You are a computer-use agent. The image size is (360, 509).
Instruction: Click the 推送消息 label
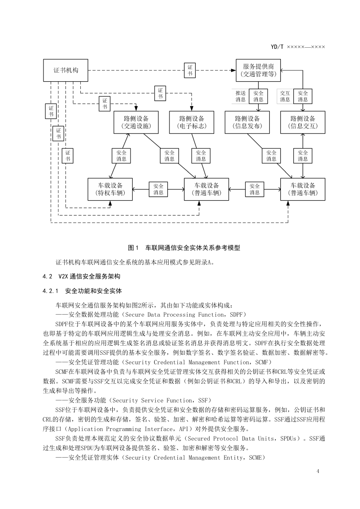(x=240, y=96)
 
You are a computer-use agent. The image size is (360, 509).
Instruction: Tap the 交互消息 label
(x=285, y=96)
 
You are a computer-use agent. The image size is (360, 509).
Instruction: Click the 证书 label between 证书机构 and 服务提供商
(x=190, y=70)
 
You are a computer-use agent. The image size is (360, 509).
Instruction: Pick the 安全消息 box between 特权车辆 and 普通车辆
(x=158, y=189)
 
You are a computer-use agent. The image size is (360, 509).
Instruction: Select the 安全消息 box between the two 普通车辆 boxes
(x=255, y=189)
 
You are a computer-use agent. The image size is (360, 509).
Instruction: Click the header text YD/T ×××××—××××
(x=298, y=47)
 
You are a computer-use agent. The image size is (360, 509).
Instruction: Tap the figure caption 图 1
(x=133, y=248)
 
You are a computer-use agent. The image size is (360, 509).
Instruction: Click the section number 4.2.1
(x=50, y=291)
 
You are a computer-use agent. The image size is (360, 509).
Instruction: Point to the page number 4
(x=318, y=471)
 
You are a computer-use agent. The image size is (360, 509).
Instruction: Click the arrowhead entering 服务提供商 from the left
(x=233, y=70)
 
